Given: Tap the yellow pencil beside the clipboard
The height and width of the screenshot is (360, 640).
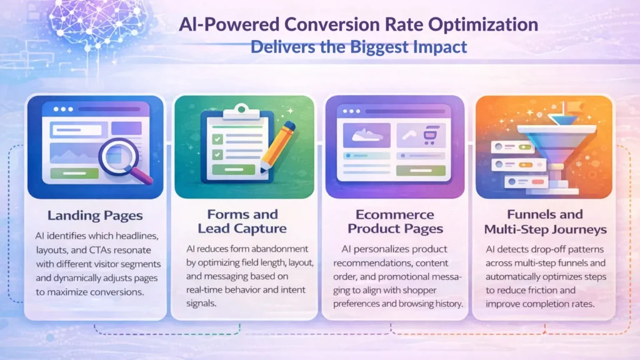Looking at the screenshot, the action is tap(277, 146).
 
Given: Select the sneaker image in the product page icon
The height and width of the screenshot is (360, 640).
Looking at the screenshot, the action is tap(366, 135).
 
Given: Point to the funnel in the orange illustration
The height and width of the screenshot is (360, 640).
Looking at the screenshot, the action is tap(557, 147).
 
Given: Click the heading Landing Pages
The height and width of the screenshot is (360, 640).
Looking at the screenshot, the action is tap(95, 215).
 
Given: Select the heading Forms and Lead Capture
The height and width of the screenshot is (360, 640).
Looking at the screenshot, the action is tap(242, 221).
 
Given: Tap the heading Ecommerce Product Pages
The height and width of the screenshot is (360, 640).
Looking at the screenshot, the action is tap(395, 222).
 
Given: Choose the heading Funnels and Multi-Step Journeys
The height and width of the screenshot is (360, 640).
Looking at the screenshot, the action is tap(545, 222).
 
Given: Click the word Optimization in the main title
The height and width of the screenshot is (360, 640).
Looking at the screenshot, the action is tap(483, 24).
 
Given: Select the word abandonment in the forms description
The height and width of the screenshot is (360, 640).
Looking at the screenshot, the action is tap(280, 249).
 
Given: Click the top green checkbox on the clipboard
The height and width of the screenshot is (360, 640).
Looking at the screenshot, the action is tap(217, 139).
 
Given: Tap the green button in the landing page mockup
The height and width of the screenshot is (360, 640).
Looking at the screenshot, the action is tap(74, 173).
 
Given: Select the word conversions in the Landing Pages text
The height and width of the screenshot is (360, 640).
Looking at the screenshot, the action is tap(122, 292).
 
